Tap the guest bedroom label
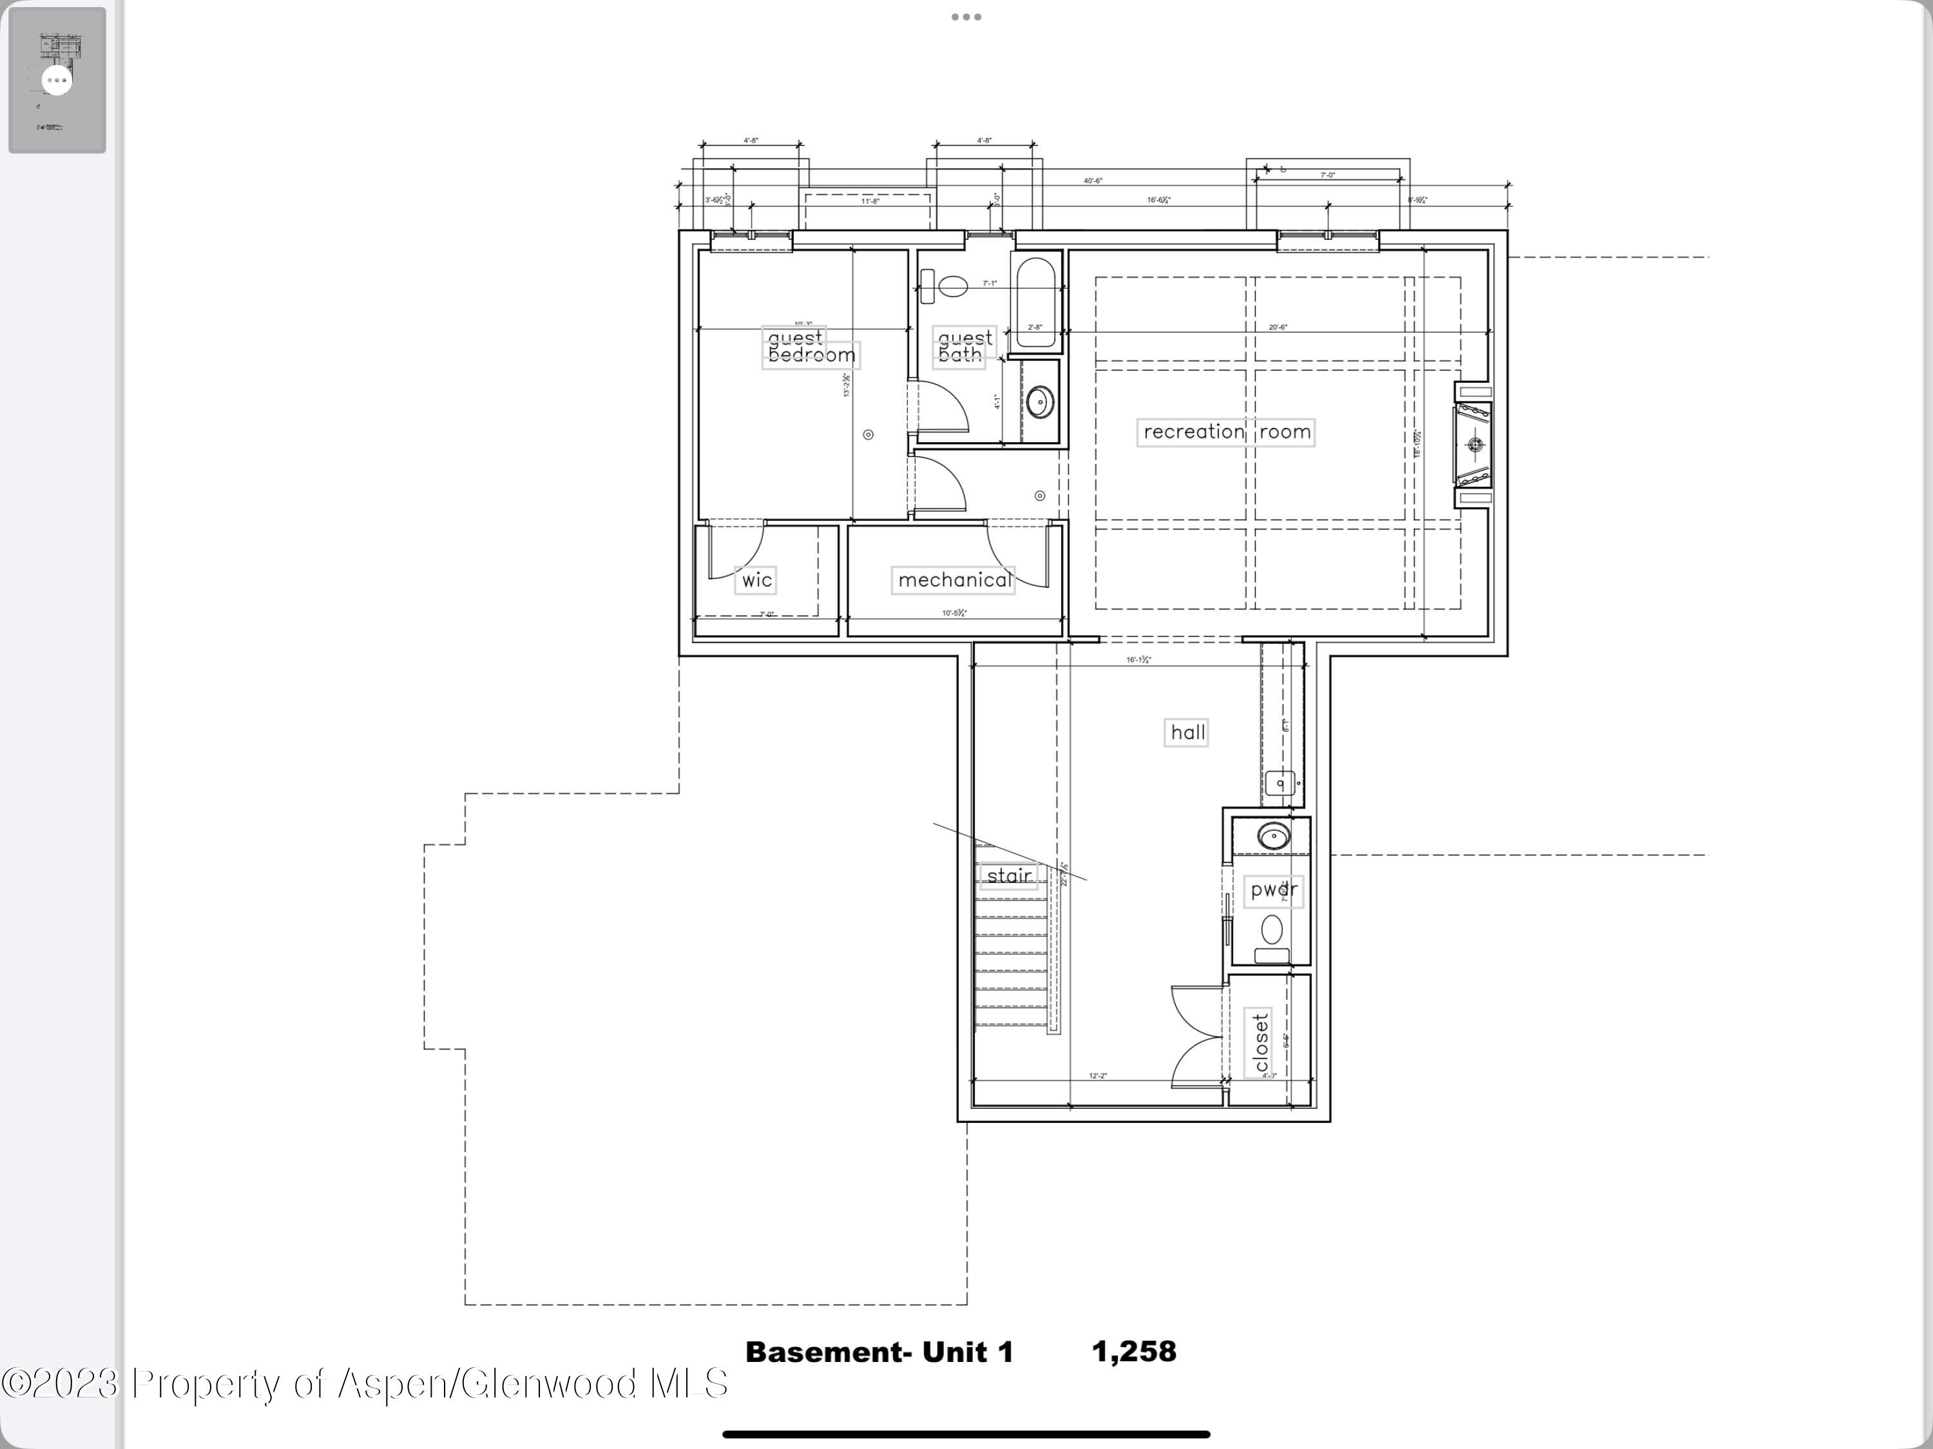(810, 347)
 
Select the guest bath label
(964, 347)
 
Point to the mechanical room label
(954, 579)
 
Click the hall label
(1188, 732)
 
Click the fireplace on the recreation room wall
(1474, 445)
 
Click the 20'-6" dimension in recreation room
(1278, 327)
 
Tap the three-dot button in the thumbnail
(57, 81)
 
